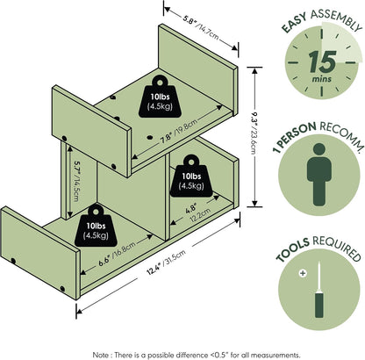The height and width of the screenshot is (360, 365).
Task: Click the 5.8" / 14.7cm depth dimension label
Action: [x=201, y=28]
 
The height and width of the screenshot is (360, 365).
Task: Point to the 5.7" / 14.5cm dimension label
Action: [x=75, y=180]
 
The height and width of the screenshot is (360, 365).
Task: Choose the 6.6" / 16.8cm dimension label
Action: [x=117, y=254]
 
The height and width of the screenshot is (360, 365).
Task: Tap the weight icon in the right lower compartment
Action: [x=191, y=176]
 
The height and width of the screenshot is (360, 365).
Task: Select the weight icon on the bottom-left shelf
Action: [x=96, y=226]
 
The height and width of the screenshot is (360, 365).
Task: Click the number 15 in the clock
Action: [x=322, y=61]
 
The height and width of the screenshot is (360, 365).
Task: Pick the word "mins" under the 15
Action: [x=322, y=79]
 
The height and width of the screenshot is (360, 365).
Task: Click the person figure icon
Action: [x=319, y=174]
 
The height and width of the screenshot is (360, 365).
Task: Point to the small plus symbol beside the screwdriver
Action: [x=303, y=273]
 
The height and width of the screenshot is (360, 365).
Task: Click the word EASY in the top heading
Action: [x=295, y=23]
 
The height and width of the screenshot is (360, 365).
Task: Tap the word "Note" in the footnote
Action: [x=100, y=355]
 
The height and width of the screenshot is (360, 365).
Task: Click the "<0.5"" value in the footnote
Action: [x=219, y=355]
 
